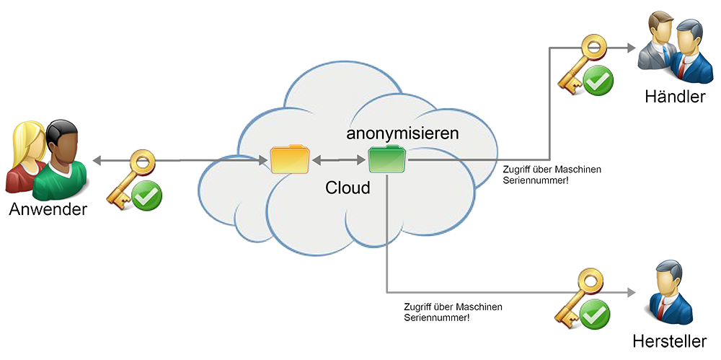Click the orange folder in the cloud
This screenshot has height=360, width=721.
click(x=290, y=159)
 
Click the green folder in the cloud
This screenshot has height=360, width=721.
click(x=387, y=159)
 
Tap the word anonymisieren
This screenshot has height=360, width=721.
click(x=402, y=133)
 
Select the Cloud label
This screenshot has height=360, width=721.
click(x=348, y=188)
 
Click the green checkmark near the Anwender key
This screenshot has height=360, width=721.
click(x=146, y=196)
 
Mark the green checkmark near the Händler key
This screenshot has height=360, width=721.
click(x=598, y=82)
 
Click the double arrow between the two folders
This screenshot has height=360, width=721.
click(x=338, y=159)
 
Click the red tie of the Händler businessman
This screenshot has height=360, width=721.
click(x=681, y=65)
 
